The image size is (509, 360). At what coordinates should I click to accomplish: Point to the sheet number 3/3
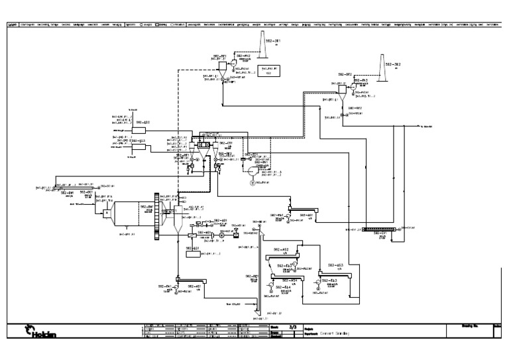coord(292,327)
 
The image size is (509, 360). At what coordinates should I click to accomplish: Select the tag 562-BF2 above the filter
coord(345,74)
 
